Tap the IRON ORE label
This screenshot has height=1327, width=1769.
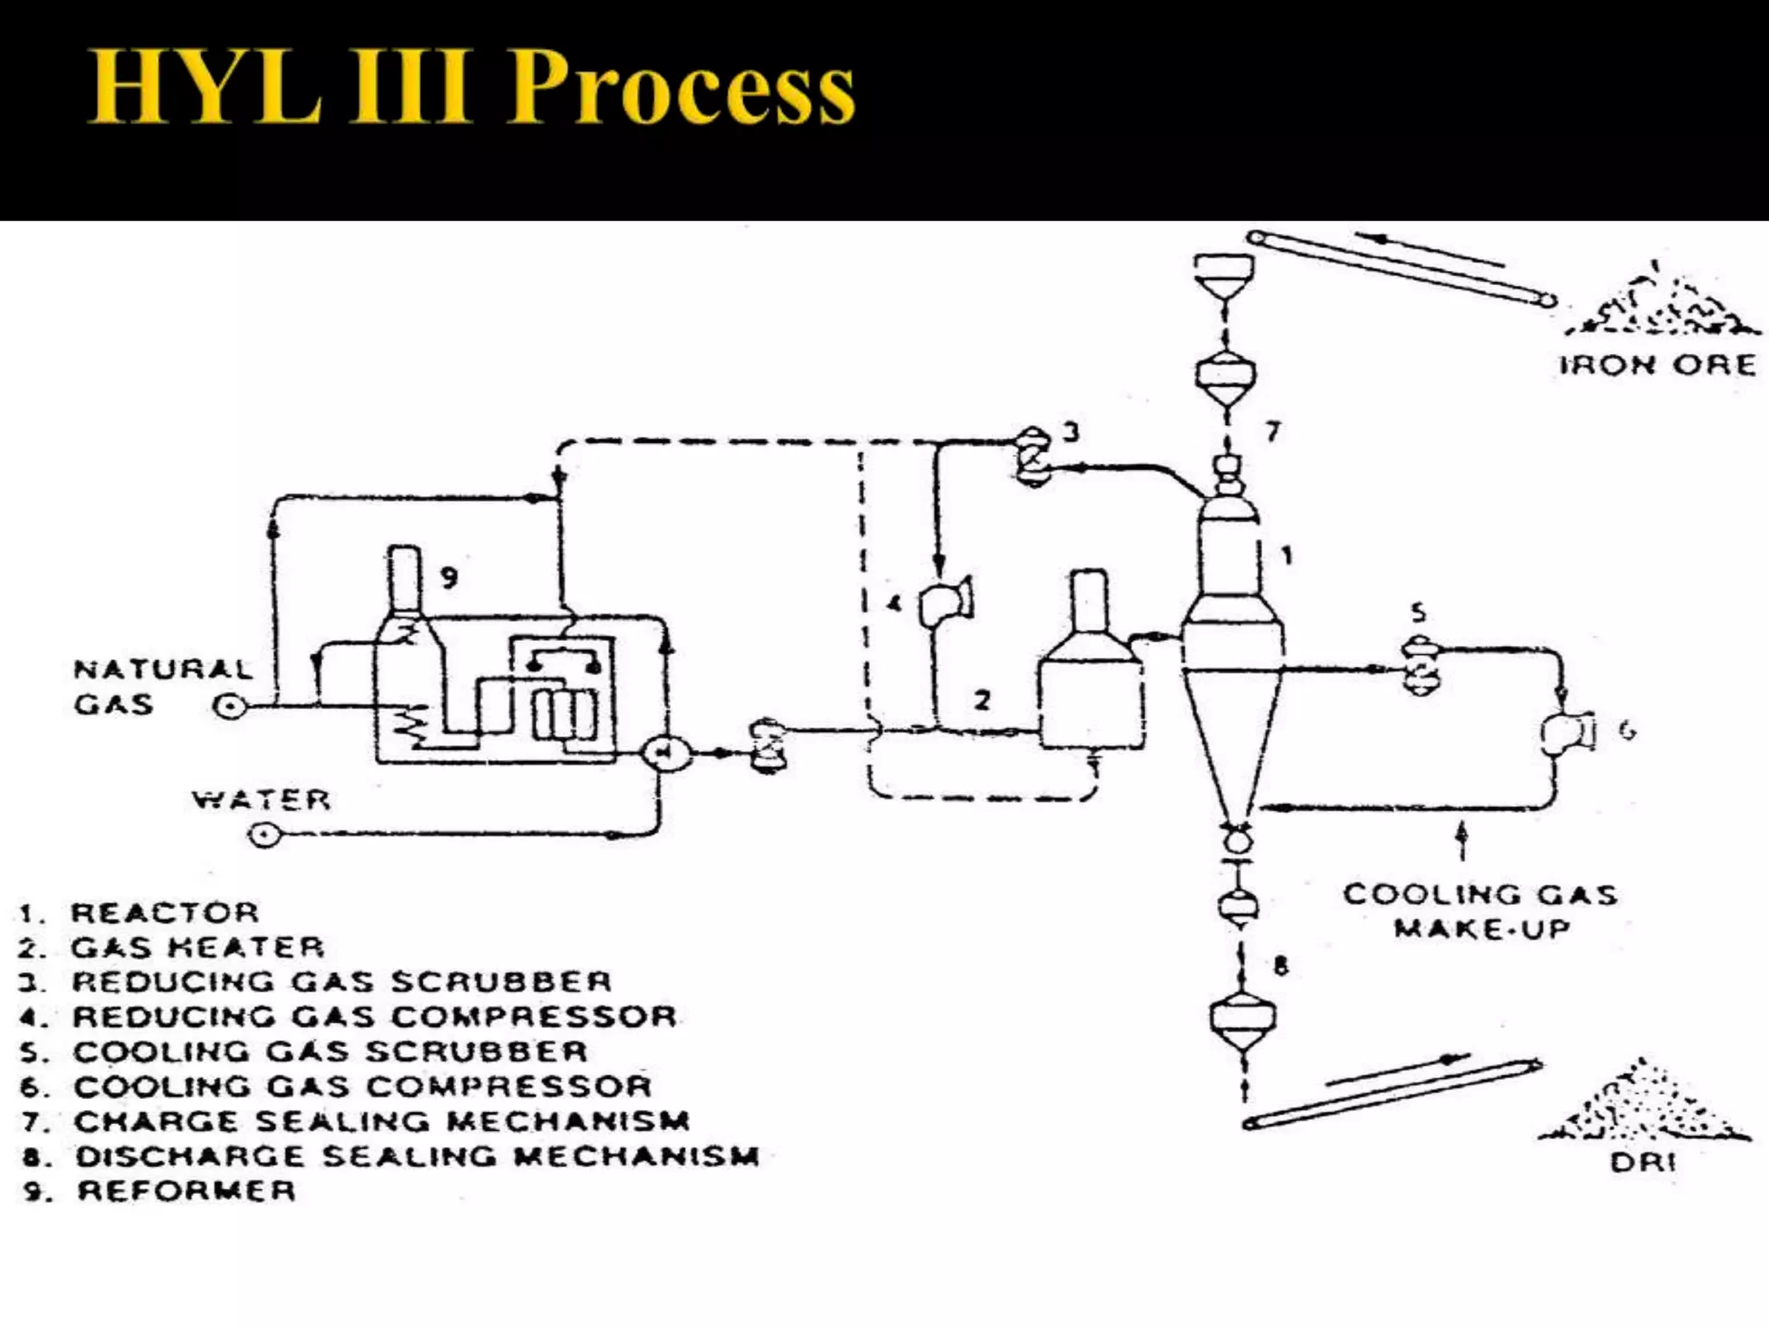[x=1657, y=365]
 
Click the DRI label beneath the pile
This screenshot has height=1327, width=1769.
[x=1642, y=1162]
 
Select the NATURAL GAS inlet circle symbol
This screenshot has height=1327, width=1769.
[x=230, y=707]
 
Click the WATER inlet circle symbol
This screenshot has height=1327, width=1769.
[x=263, y=835]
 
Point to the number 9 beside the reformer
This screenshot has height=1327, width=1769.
[x=448, y=576]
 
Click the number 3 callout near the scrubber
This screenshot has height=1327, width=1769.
[x=1071, y=431]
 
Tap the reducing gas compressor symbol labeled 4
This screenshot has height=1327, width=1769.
[x=944, y=601]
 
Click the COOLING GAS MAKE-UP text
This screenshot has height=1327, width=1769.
[x=1480, y=911]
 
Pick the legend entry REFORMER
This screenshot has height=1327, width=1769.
[x=186, y=1190]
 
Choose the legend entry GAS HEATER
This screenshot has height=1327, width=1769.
[x=197, y=948]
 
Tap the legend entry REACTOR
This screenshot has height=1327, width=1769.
[x=164, y=912]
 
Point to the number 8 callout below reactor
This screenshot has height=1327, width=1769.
[x=1280, y=964]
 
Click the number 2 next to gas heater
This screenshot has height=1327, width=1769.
[x=982, y=699]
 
